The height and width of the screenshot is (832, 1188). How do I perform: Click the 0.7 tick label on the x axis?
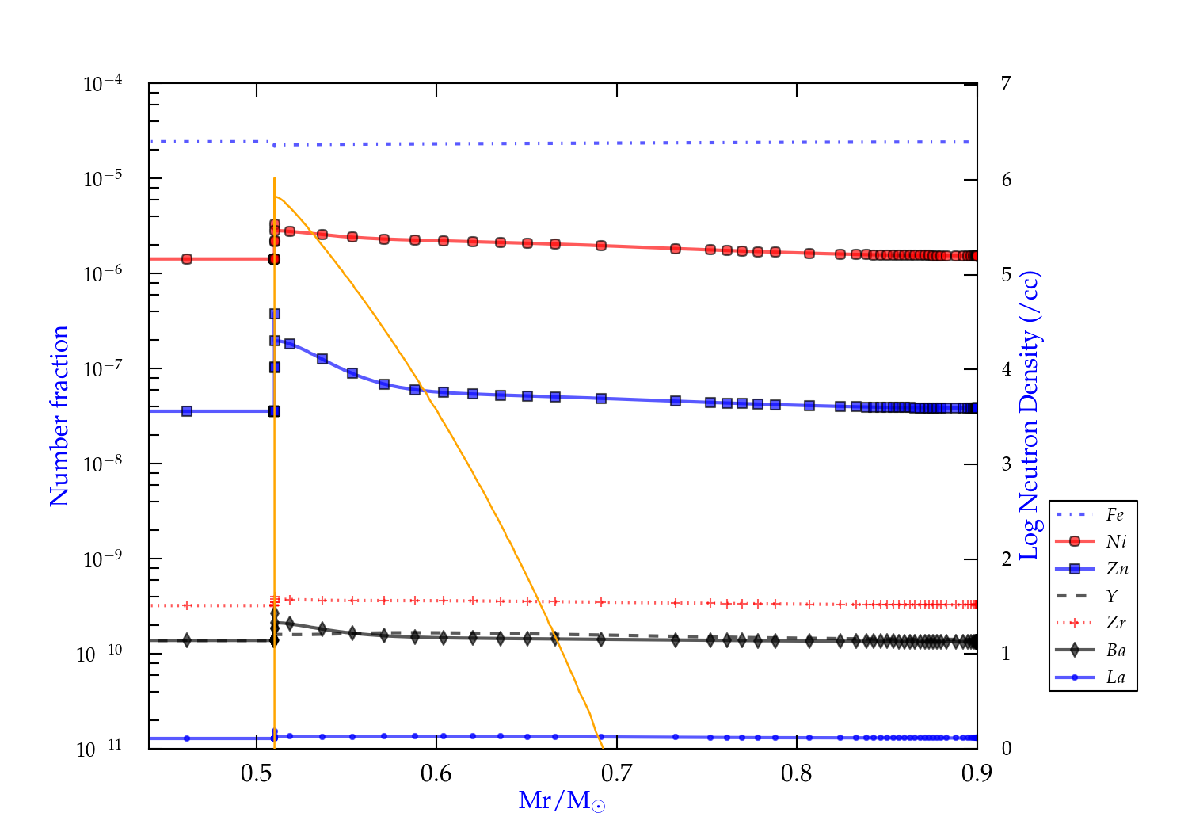tap(616, 773)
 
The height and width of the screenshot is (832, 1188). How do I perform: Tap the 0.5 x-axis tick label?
tap(257, 773)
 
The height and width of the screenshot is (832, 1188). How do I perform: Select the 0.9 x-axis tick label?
tap(977, 773)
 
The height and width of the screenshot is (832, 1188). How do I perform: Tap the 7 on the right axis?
tap(1006, 83)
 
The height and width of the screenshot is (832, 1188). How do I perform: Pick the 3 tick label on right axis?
tap(1006, 464)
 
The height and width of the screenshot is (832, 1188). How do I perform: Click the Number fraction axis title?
tap(59, 416)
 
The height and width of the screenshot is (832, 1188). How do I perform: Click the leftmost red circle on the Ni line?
tap(187, 259)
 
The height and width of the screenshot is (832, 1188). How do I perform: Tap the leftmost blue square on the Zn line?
tap(187, 411)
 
